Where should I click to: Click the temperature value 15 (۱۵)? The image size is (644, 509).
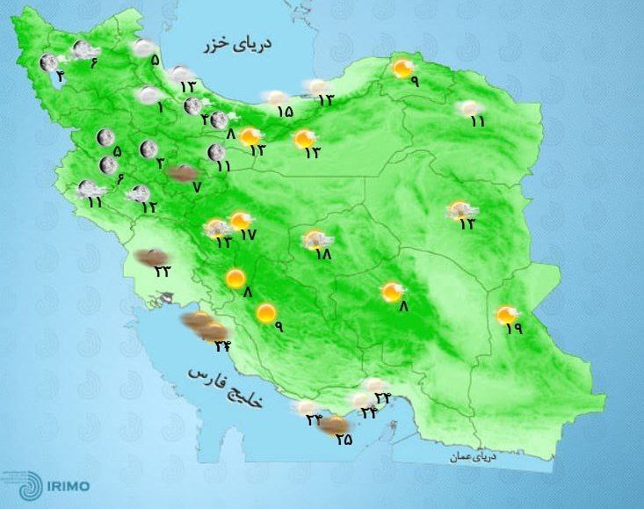284,112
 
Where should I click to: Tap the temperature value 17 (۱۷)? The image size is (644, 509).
247,235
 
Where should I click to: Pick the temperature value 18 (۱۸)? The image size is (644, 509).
322,254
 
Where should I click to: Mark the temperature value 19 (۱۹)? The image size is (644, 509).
514,328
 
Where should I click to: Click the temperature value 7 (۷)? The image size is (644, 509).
197,186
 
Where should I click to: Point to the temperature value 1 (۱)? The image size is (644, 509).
161,108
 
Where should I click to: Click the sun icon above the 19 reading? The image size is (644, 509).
506,314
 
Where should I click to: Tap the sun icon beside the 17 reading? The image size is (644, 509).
239,221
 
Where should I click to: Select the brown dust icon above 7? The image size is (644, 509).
183,173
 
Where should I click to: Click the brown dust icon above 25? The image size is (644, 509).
333,425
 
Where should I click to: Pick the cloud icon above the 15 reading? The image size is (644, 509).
276,98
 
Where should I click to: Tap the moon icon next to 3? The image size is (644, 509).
146,149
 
